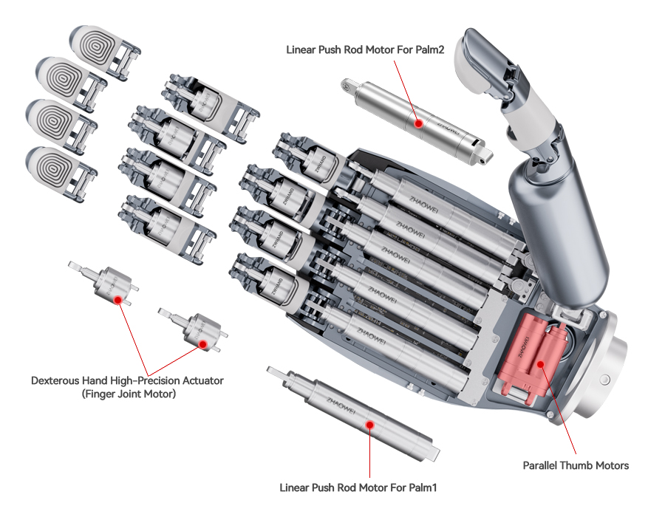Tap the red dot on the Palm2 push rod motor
(x=418, y=124)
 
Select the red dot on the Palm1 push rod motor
(x=369, y=425)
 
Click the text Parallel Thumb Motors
(x=576, y=465)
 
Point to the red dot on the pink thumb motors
(x=541, y=363)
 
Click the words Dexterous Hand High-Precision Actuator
(x=127, y=380)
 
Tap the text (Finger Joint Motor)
(x=127, y=394)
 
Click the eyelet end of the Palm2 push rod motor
(x=347, y=86)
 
